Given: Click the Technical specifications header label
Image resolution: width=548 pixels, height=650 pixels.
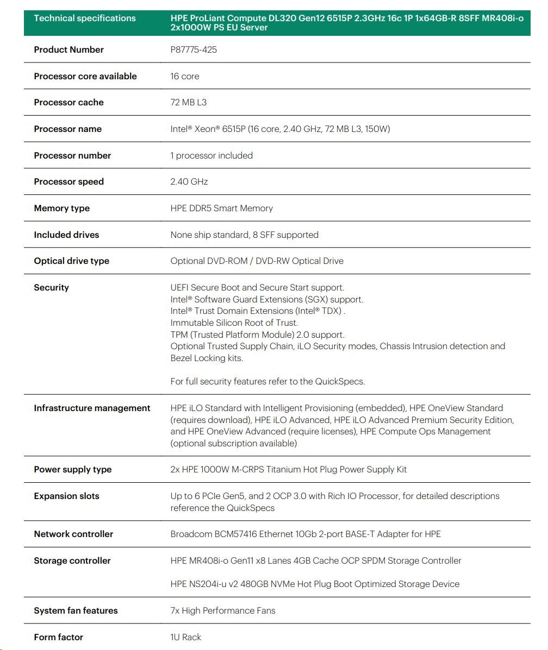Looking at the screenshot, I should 85,18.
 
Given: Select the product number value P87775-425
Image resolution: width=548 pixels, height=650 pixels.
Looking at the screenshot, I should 194,50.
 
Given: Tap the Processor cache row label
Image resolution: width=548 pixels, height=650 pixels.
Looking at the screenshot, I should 68,103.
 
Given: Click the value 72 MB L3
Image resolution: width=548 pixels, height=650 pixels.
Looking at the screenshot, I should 188,103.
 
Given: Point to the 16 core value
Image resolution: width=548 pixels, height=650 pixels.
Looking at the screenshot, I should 185,77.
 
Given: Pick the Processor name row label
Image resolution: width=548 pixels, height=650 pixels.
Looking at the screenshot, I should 67,129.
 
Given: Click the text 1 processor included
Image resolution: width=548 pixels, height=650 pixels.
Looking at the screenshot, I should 211,156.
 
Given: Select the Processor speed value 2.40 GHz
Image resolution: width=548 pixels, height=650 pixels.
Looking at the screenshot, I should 189,182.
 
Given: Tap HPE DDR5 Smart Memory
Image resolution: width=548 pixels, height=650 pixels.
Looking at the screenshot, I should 221,209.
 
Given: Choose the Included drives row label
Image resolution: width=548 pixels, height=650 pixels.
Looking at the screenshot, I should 66,235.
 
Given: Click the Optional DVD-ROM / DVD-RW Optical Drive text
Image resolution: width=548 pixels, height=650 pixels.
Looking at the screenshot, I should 257,261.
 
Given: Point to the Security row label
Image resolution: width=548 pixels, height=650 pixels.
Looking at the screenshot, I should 51,288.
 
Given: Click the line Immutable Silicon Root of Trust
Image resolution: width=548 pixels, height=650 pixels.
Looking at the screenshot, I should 234,323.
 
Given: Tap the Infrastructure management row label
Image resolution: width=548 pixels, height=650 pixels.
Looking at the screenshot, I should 92,408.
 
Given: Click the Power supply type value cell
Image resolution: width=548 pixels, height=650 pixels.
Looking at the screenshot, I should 288,470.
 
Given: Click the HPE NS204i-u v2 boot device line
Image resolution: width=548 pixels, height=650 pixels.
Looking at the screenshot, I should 315,584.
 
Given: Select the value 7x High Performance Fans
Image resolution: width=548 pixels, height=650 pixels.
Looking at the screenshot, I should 223,611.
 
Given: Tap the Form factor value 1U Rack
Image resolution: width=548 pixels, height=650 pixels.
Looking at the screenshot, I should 185,638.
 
